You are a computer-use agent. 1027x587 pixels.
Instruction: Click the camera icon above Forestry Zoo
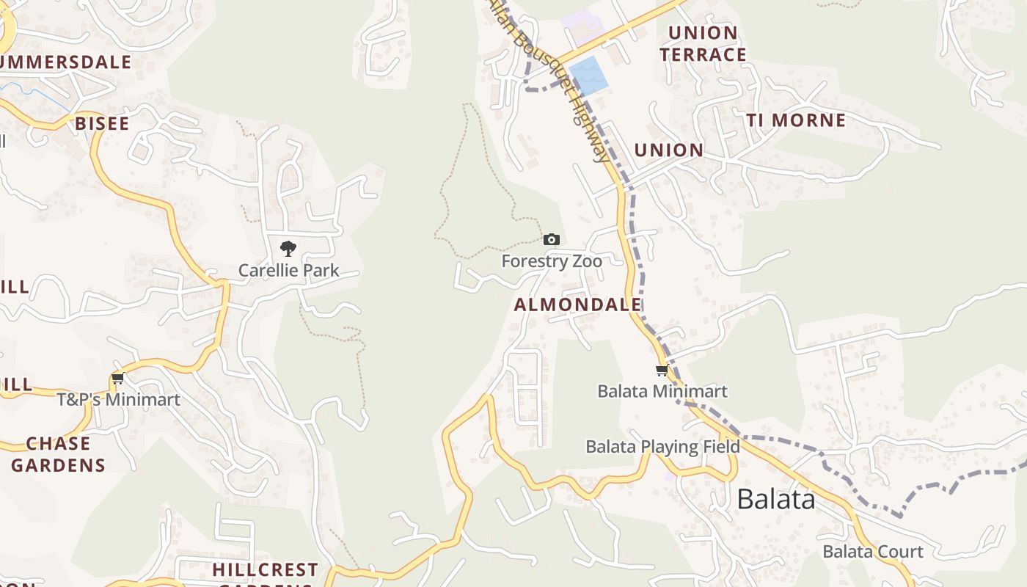(552, 239)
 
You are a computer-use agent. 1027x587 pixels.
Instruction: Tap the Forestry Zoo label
(552, 261)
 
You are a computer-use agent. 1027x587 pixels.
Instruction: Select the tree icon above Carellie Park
(288, 249)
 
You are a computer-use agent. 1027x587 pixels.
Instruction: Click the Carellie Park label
(289, 271)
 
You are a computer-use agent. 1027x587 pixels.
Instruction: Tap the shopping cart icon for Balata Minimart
(662, 371)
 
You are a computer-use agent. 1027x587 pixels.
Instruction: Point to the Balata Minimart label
(662, 391)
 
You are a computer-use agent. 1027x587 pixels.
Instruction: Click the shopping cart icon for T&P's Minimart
(117, 379)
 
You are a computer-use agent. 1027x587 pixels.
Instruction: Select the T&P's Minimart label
(119, 400)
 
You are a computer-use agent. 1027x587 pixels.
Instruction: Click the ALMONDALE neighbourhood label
(577, 305)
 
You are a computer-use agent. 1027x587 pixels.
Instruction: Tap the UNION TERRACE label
(703, 44)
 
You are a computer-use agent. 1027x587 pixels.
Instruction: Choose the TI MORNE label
(796, 120)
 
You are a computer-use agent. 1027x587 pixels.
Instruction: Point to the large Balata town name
(775, 499)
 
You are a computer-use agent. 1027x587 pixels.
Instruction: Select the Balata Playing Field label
(662, 447)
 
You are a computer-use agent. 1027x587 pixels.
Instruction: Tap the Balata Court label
(872, 552)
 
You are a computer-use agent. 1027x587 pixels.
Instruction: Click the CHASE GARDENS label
(58, 454)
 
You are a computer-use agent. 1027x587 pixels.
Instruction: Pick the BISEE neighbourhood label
(102, 123)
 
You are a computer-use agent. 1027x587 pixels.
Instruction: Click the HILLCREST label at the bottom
(265, 569)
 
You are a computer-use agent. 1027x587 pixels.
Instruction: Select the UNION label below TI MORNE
(668, 150)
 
